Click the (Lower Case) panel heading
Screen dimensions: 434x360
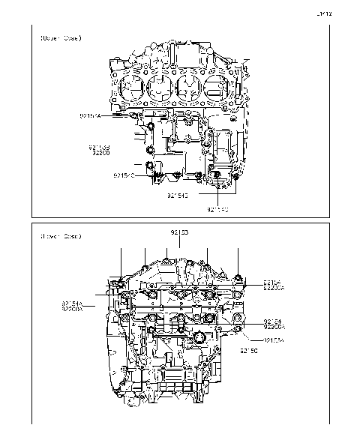[x=61, y=236]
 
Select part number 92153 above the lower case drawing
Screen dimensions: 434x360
[x=180, y=233]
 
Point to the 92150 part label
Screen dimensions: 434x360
[x=249, y=350]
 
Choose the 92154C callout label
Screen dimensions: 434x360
[x=124, y=175]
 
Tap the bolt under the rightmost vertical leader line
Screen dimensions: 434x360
[x=238, y=279]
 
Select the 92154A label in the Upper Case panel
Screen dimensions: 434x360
[x=90, y=116]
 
